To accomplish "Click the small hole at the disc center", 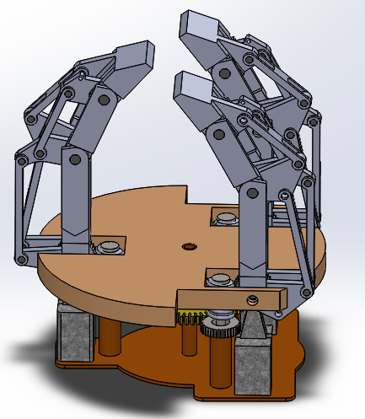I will [x=187, y=247].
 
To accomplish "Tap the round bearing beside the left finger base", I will [x=109, y=248].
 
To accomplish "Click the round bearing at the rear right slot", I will [x=226, y=219].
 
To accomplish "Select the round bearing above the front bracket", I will [x=220, y=280].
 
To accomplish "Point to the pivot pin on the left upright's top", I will [x=72, y=158].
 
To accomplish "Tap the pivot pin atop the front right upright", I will [x=251, y=193].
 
